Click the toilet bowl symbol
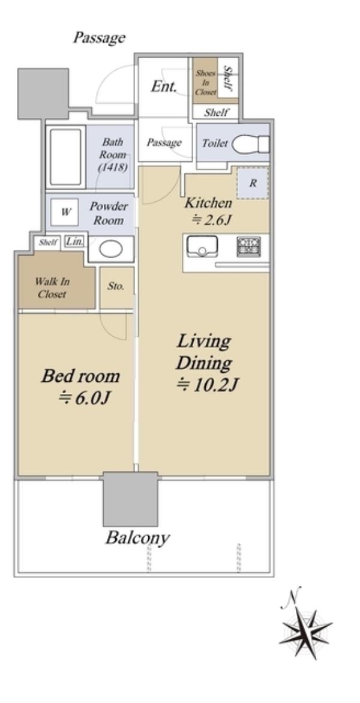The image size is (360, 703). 250,144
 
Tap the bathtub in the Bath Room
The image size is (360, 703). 65,157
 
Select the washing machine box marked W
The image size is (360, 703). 65,213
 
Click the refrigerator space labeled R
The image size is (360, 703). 253,183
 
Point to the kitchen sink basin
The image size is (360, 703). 202,247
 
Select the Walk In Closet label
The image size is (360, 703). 52,288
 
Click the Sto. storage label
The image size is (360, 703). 116,286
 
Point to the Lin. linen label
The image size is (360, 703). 75,241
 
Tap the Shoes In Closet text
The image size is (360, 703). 206,82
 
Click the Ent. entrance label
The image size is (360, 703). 164,86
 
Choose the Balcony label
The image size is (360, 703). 137,538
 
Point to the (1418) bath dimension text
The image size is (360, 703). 113,167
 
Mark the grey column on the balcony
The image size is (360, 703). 130,498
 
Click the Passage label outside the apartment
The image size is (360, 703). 99,38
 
